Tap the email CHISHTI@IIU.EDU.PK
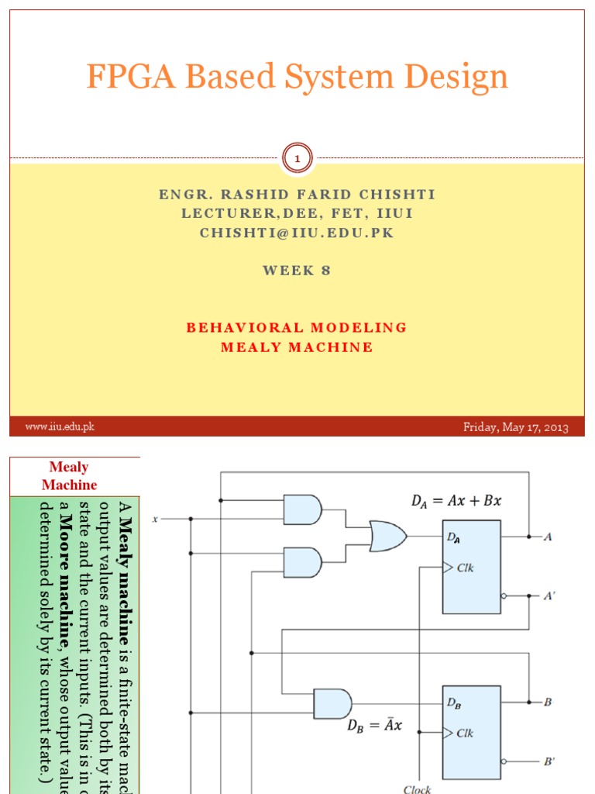[297, 233]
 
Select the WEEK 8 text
[297, 271]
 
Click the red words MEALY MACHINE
[297, 347]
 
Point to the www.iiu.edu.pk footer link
[60, 426]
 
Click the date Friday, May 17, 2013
[515, 427]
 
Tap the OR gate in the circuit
[387, 536]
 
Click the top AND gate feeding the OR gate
[302, 509]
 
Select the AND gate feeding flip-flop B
[332, 703]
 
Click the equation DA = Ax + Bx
[456, 502]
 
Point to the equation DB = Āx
[374, 727]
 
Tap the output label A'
[549, 596]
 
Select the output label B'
[549, 761]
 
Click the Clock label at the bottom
[418, 789]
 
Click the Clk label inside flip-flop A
[465, 568]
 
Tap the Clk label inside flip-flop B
[465, 733]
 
